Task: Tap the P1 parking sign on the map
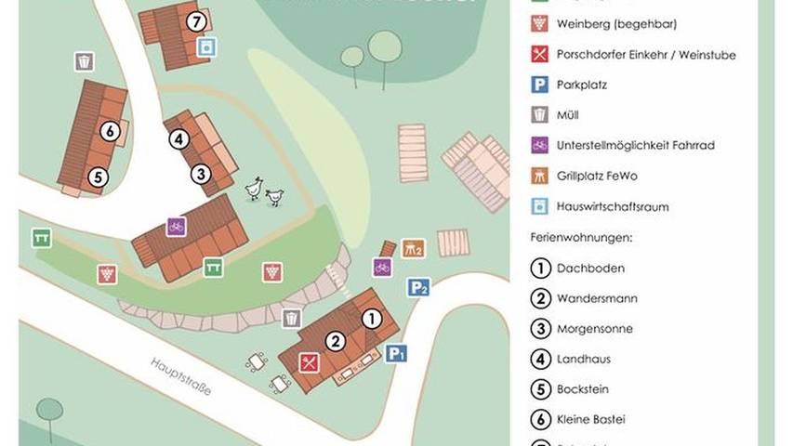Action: coord(397,353)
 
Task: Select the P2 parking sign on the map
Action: coord(418,288)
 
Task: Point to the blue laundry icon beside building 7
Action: coord(211,46)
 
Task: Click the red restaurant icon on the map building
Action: coord(309,363)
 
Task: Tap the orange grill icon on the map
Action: coord(413,249)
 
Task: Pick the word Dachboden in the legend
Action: coord(590,269)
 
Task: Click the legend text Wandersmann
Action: coord(597,299)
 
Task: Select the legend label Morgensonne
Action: coord(595,329)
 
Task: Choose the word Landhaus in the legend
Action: coord(584,360)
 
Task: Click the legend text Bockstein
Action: coord(583,389)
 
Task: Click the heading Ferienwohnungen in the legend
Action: coord(582,238)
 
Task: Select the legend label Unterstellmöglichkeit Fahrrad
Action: coord(635,146)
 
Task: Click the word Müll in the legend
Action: coord(568,115)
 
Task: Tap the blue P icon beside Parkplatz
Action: coord(539,85)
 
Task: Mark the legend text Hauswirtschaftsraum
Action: coord(613,207)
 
